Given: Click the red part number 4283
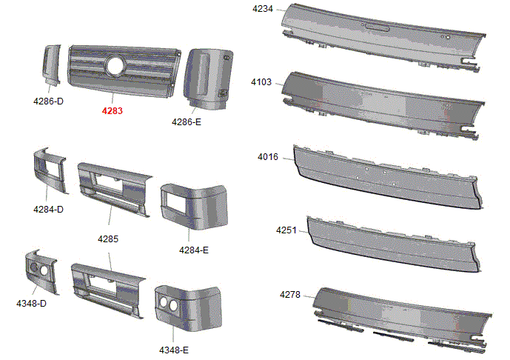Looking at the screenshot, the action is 113,111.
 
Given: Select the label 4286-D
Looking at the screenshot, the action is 48,101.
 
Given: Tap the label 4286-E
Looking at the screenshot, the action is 187,122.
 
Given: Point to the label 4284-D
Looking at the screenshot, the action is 48,210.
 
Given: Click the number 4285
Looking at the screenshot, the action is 108,239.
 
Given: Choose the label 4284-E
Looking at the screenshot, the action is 194,250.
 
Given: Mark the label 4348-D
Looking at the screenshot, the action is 32,304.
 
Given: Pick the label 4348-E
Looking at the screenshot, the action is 174,350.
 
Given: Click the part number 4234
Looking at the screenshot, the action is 263,9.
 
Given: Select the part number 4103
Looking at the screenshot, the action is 261,82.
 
